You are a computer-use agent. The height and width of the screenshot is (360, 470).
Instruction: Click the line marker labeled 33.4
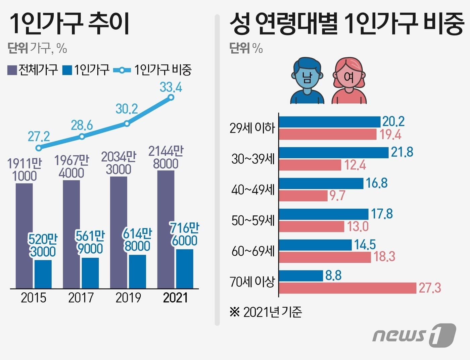[171, 97]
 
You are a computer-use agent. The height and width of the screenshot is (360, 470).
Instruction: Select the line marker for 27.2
[39, 148]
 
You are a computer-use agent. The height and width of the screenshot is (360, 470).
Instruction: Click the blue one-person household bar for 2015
[43, 274]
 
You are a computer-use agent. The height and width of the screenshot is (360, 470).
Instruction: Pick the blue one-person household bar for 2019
[138, 271]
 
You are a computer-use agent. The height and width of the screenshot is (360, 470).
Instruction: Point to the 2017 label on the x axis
[81, 298]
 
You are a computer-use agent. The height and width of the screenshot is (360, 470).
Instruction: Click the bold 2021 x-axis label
[175, 298]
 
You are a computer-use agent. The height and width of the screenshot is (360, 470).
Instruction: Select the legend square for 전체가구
[12, 70]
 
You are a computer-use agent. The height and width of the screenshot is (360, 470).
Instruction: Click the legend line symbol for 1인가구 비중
[122, 70]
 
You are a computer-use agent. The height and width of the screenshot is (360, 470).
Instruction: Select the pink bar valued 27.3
[347, 288]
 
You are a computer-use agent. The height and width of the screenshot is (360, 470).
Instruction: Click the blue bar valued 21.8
[334, 152]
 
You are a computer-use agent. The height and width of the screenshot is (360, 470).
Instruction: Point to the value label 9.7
[337, 196]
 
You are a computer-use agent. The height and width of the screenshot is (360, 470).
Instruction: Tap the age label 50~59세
[253, 221]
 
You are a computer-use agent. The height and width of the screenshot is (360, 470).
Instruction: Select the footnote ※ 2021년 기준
[266, 312]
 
